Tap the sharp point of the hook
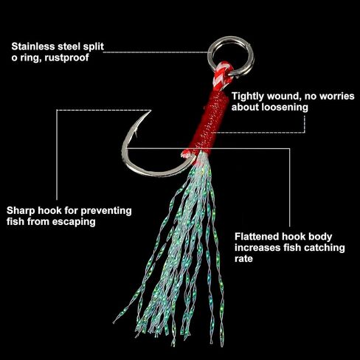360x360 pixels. (x=150, y=111)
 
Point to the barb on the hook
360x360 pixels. (x=135, y=134)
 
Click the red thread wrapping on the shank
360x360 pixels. (x=210, y=121)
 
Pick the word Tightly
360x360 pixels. (x=248, y=96)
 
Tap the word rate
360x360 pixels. (x=243, y=259)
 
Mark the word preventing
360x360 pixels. (x=106, y=211)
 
